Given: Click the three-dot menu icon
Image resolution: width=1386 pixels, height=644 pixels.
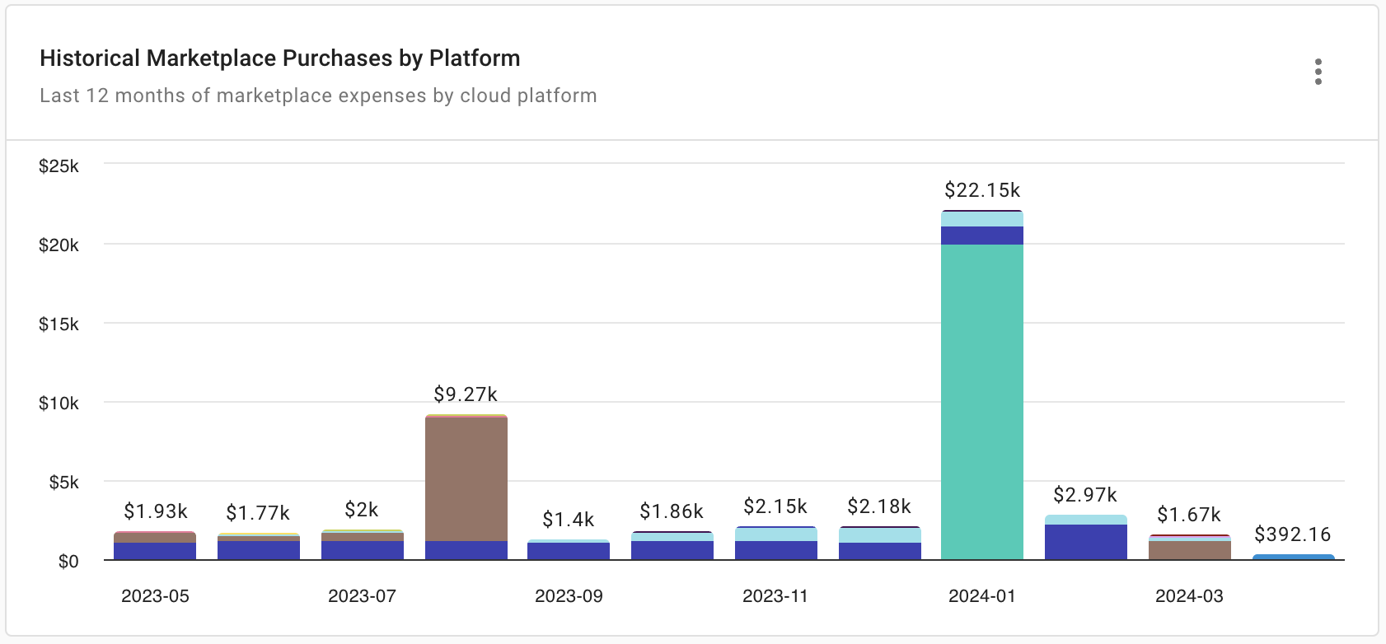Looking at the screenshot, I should coord(1318,72).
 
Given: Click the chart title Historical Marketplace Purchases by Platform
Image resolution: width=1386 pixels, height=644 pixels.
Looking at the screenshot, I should coord(279,58).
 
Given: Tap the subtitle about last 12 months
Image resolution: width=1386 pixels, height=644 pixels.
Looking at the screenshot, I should coord(318,96).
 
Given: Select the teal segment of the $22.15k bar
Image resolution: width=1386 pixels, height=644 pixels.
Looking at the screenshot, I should coord(982,404).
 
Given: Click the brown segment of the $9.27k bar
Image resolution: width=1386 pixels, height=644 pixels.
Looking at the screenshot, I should coord(466,478).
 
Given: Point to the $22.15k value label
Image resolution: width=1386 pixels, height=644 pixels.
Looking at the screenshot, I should coord(982,190).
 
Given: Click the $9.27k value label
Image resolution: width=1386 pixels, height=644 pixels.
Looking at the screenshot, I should coord(466,394).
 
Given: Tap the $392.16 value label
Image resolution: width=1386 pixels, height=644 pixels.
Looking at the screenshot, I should coord(1292,534).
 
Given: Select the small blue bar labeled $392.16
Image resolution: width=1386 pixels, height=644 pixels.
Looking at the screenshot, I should coord(1293,558).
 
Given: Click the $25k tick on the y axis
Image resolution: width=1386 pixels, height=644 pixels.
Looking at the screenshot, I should coord(59,166).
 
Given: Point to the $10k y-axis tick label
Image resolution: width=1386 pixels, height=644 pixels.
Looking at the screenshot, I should coord(59,404).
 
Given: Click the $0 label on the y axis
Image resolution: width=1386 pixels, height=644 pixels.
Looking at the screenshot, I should coord(68,562).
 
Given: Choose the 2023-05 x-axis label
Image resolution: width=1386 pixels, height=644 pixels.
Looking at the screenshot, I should coord(155,596).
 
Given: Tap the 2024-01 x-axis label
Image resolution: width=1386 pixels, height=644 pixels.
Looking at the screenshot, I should coord(982,596).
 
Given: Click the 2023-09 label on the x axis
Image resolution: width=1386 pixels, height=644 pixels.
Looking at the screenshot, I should coord(569,596).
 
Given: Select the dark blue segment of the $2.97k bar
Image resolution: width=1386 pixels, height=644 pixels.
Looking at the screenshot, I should coord(1086,543).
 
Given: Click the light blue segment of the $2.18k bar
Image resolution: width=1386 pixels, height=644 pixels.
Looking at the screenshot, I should coord(880,535).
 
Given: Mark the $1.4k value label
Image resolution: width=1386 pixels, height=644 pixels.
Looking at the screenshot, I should coord(569,520).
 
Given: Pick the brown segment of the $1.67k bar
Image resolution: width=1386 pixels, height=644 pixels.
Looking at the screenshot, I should coord(1190,551).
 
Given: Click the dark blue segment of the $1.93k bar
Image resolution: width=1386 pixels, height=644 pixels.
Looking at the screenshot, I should coord(155,552).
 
